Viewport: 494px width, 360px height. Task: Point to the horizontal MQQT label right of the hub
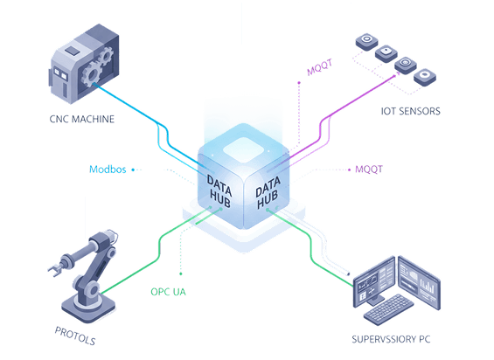coord(369,169)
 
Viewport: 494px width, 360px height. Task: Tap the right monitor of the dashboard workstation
coord(418,280)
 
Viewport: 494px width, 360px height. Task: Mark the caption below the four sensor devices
coord(409,111)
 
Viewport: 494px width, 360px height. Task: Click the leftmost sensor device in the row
coord(365,41)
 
